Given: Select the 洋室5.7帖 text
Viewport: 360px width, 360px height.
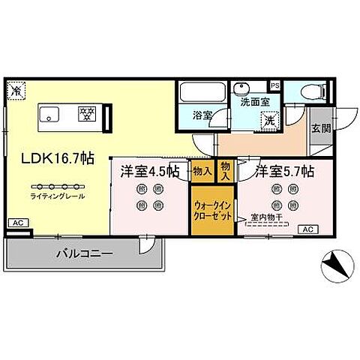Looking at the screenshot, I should (x=283, y=172).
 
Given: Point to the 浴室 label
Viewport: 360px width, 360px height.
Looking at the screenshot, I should (x=202, y=116).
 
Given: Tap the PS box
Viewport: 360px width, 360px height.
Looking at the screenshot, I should (x=274, y=85).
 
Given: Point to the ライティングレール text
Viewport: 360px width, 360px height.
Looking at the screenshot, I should (x=58, y=196).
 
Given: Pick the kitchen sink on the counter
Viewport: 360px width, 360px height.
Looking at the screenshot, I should (x=50, y=115).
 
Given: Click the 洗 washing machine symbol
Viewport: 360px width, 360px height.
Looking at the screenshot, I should (x=268, y=121).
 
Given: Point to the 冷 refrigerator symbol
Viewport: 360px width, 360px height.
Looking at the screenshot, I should (x=14, y=89).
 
